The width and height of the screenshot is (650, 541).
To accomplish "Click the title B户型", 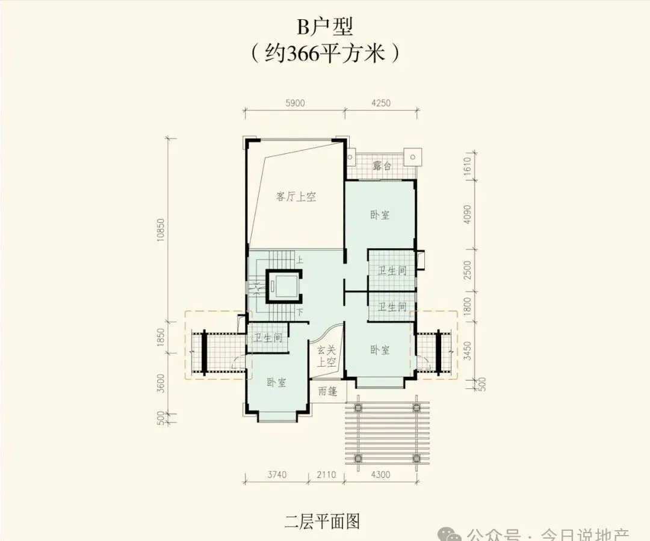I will pos(324,28).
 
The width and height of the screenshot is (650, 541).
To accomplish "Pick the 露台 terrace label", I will pos(382,166).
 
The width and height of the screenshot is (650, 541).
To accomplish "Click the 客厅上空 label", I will pos(296,197).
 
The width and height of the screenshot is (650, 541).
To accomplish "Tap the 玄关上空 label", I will pos(326,356).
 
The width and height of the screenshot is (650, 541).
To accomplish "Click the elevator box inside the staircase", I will pos(285,286).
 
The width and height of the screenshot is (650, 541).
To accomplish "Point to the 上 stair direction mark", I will pos(299,260).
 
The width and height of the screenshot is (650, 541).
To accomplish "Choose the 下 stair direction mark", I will pos(299,313).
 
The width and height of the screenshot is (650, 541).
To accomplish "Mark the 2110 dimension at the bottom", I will pos(326,475).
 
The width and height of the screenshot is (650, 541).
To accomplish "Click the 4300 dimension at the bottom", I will pos(380,475).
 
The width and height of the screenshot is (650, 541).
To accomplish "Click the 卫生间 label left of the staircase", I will pos(268,338).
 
